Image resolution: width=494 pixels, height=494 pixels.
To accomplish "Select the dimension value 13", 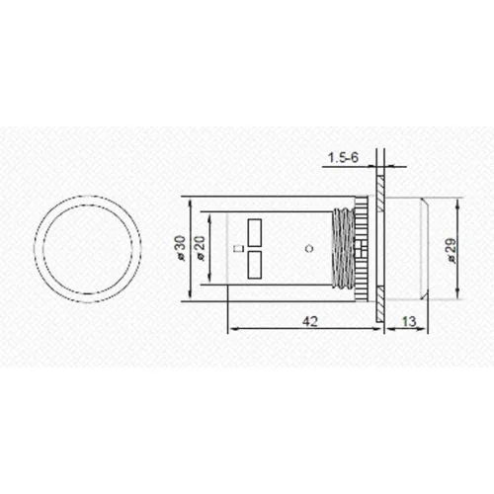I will click(x=407, y=322).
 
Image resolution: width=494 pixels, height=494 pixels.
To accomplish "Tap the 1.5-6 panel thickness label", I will click(x=341, y=156).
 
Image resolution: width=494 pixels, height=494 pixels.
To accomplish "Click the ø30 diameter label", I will click(x=181, y=249).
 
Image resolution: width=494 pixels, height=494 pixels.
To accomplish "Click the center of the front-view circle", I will click(x=87, y=248).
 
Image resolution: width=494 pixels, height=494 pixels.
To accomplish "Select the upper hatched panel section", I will click(x=380, y=183).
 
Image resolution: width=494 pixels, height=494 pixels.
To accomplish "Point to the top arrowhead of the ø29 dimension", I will click(x=459, y=202).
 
